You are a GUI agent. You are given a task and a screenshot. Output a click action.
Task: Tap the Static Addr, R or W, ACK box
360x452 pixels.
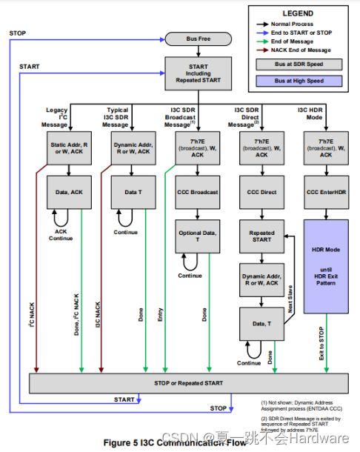coord(68,147)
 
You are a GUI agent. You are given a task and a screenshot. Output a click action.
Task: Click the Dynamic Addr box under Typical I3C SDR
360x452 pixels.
coord(133,147)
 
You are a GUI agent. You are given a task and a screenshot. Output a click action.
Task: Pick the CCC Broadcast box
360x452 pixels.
coord(197,192)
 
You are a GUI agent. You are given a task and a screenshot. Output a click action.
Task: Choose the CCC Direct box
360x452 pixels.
coord(260,192)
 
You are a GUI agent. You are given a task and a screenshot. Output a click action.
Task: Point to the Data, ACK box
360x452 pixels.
coord(68,192)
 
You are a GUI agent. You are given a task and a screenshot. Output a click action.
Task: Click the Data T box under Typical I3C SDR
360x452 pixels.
coord(133,192)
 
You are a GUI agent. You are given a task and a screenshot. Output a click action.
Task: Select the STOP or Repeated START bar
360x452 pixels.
coord(189,384)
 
